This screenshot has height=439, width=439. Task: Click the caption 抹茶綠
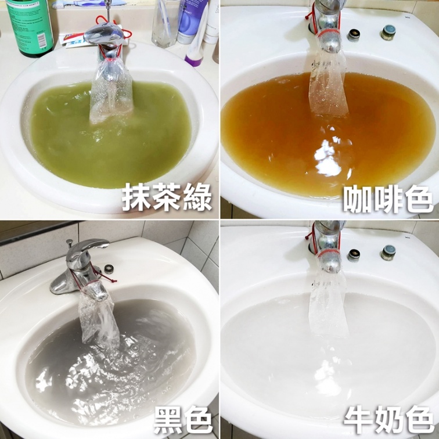pos(167,197)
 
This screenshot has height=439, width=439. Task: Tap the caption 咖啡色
pos(388,199)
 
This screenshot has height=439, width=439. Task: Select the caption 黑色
pos(183,420)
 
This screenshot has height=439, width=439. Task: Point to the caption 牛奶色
pos(388,419)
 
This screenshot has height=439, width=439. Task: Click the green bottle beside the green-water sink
pos(30,27)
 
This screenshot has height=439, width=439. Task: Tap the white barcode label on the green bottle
pos(41,40)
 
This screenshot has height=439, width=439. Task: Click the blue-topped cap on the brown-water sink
pos(388,32)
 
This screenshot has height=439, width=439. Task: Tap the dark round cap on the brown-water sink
pos(354,35)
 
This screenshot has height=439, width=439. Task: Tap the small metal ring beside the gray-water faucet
pos(109,269)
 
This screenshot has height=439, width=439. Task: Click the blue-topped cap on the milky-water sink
pos(388,253)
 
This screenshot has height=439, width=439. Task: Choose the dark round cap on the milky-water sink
pos(354,255)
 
